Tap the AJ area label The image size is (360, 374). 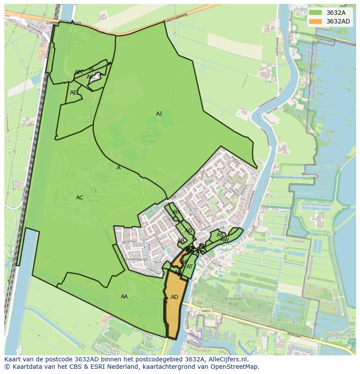[x=159, y=114]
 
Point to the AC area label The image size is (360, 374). [x=80, y=198]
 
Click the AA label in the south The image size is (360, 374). [x=124, y=297]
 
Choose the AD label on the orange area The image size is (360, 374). [x=174, y=297]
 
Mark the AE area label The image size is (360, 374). [x=73, y=93]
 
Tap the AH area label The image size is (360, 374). [x=176, y=212]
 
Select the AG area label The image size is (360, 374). [x=188, y=231]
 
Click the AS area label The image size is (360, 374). [x=220, y=235]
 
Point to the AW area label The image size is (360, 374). [x=224, y=240]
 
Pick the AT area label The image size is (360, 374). [x=190, y=267]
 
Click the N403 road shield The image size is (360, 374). [x=206, y=311]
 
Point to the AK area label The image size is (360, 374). [x=90, y=77]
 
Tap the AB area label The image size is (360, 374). [x=181, y=241]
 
